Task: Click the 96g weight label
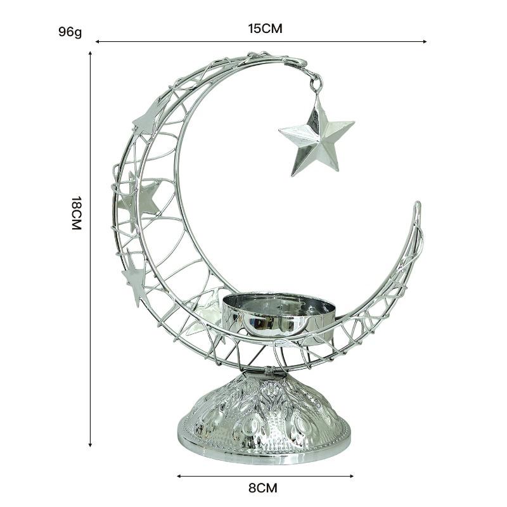click(x=70, y=31)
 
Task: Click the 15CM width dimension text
click(x=265, y=29)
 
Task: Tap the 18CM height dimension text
click(x=77, y=213)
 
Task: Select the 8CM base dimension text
click(x=262, y=488)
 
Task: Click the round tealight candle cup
click(x=279, y=314)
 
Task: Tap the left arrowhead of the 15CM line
click(x=97, y=41)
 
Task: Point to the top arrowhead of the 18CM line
click(x=91, y=53)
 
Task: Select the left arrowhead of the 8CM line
click(x=179, y=475)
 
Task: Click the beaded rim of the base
click(x=263, y=451)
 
